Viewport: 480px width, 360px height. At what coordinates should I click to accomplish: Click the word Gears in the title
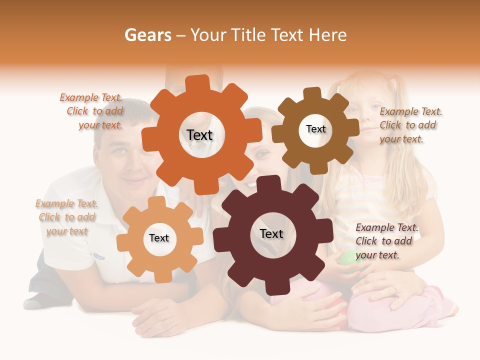point(147,35)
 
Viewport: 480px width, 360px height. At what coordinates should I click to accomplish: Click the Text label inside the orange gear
point(199,135)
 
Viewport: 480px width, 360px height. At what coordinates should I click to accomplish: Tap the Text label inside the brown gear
point(315,129)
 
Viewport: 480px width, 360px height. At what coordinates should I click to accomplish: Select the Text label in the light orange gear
point(159,238)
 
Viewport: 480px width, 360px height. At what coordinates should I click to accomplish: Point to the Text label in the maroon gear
point(271,233)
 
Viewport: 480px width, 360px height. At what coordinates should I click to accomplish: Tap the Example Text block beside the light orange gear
point(67,217)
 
